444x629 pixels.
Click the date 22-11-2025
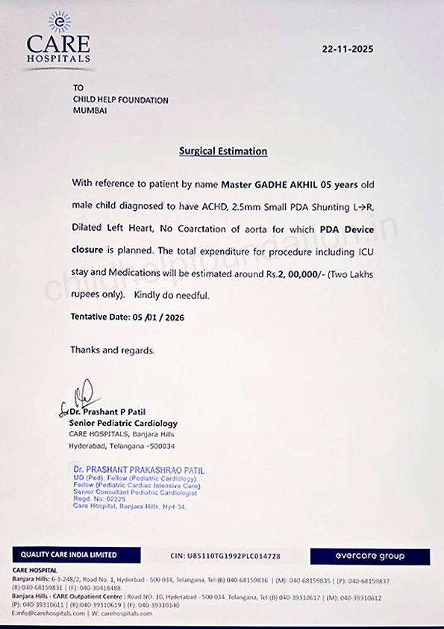pyautogui.click(x=348, y=49)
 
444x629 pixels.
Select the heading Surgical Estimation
pyautogui.click(x=223, y=151)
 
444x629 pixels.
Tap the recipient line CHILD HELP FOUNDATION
pyautogui.click(x=121, y=100)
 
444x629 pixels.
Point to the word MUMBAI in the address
pyautogui.click(x=90, y=111)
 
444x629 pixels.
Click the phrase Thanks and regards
pyautogui.click(x=113, y=350)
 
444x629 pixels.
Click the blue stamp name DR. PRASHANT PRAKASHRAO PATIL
pyautogui.click(x=138, y=471)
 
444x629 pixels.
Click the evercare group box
pyautogui.click(x=370, y=556)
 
